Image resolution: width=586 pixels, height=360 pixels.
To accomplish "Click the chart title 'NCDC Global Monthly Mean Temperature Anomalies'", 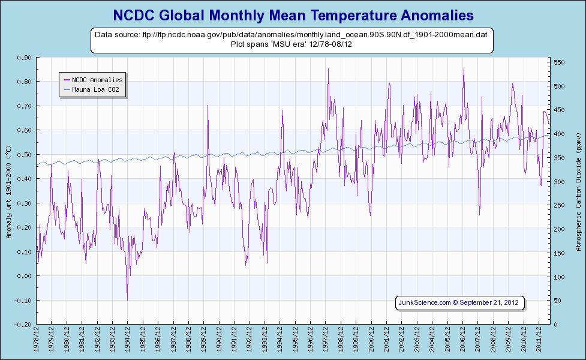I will coord(293,14).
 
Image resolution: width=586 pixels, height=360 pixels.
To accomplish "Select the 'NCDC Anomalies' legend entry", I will coord(97,79).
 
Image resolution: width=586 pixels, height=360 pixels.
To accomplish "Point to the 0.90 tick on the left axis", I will coord(25,58).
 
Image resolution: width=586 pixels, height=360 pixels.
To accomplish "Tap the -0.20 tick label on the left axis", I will coord(23,325).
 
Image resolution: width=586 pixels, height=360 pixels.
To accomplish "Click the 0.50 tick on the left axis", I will coord(25,154).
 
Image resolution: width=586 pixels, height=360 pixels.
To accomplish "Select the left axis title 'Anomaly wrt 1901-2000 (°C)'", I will coord(9,191).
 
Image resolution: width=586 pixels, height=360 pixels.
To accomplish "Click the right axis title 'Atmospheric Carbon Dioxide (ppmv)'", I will coord(578,191).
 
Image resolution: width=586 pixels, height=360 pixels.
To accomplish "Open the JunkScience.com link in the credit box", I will coord(425,302).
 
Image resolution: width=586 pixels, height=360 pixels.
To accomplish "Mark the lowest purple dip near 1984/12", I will coord(127,299).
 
